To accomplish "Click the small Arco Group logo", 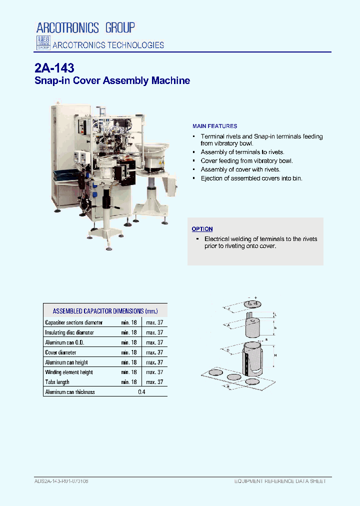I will click(43, 43).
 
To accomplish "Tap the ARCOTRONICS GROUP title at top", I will click(85, 27).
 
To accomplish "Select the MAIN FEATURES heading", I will click(214, 126).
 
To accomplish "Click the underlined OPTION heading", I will click(202, 229).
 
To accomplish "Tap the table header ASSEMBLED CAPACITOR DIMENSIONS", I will click(105, 311).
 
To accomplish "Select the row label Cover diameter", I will click(61, 352).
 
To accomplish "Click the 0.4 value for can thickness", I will click(141, 392).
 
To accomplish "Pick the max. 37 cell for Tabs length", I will click(154, 382).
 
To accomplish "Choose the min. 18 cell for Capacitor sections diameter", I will click(128, 322).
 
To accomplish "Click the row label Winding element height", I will click(68, 372).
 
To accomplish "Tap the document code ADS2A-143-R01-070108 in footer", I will click(61, 481).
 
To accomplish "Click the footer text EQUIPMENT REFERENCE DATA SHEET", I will click(280, 481).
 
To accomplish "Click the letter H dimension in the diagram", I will click(275, 354).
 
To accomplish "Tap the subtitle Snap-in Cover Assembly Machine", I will click(112, 80).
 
